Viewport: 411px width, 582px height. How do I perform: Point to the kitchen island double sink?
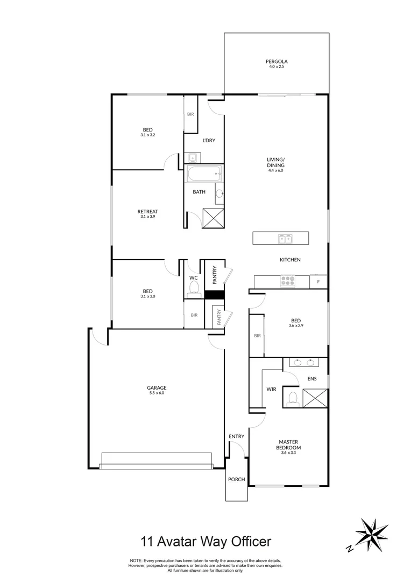285,238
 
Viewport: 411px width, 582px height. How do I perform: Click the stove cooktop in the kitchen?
288,281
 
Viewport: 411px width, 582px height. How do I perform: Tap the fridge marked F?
318,281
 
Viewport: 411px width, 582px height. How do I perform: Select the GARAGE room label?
157,387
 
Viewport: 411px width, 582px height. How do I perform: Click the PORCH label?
236,479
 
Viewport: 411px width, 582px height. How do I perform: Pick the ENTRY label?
236,436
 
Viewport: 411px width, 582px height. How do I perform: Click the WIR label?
271,389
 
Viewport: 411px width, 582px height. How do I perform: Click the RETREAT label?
147,211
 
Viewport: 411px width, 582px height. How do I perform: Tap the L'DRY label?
209,141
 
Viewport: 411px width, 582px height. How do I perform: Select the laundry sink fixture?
192,157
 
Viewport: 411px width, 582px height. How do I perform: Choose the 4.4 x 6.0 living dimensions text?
275,170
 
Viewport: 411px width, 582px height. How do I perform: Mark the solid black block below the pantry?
214,295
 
